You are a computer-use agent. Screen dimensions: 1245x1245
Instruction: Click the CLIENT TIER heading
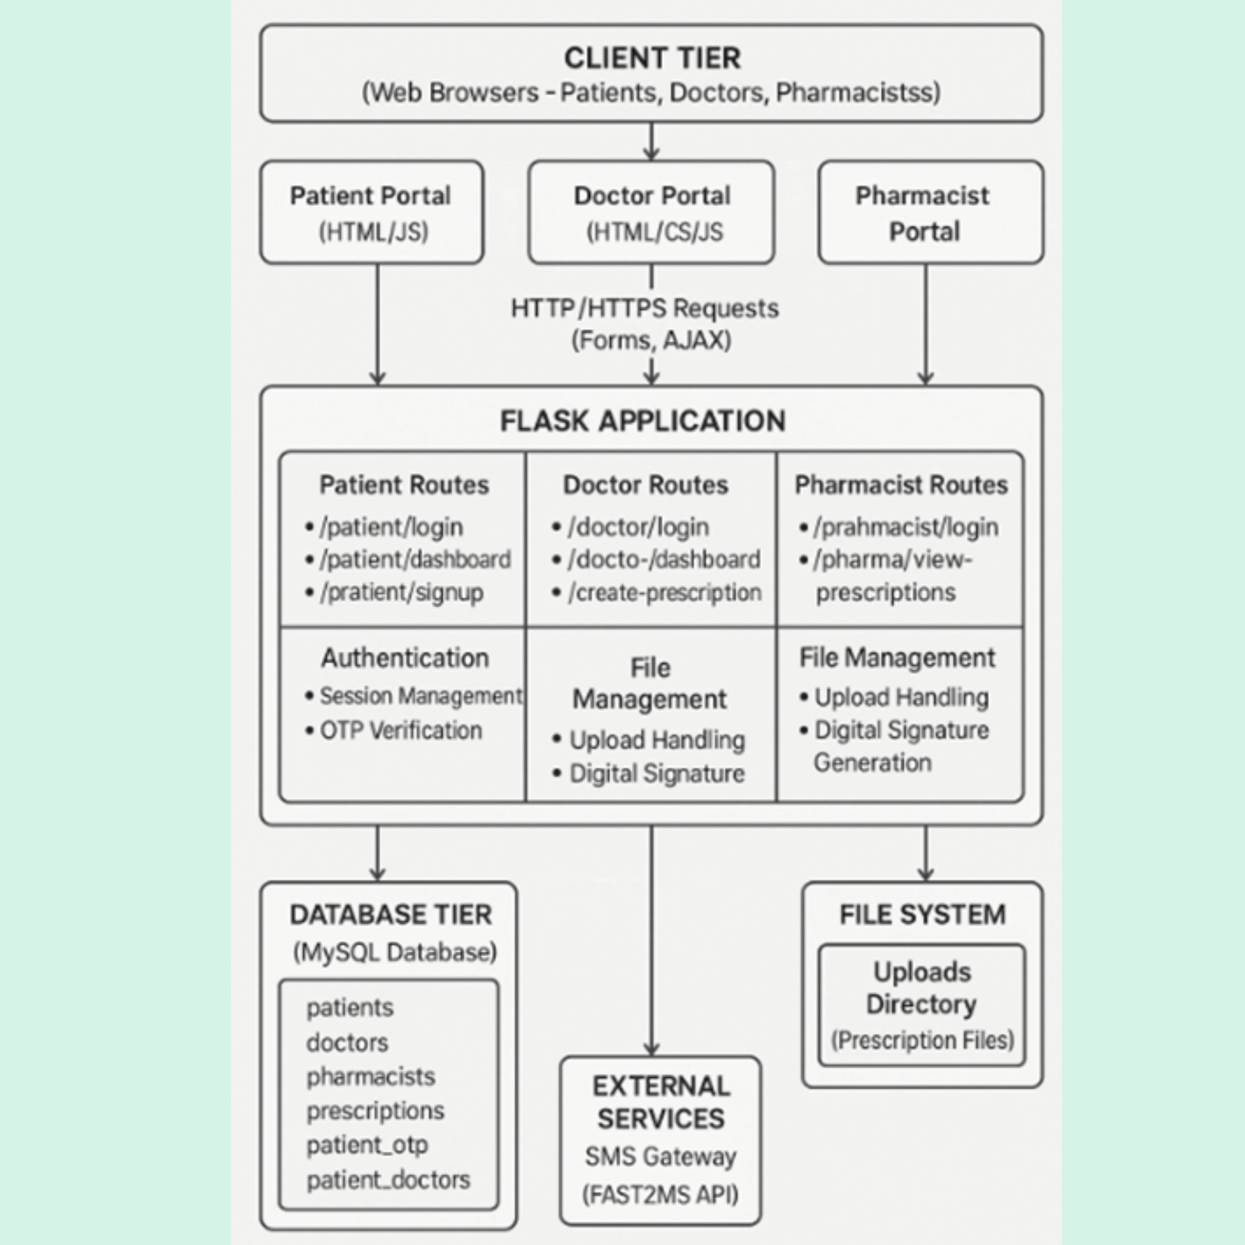[652, 58]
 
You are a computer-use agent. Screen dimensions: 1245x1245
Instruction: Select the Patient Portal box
[371, 212]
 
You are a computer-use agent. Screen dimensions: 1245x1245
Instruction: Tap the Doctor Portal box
[651, 212]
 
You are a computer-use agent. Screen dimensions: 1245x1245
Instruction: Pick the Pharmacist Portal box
[931, 212]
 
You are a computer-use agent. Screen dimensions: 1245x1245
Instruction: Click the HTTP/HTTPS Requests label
[644, 309]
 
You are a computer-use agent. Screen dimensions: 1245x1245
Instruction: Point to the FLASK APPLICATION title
[643, 421]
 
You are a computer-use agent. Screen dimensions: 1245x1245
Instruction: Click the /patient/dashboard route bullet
[415, 559]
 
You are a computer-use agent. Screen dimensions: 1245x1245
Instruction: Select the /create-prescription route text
[665, 592]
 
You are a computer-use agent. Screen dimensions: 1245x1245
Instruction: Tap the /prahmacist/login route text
[906, 527]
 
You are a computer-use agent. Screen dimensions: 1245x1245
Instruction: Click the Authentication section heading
[405, 658]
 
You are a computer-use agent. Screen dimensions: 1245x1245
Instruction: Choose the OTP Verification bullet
[401, 731]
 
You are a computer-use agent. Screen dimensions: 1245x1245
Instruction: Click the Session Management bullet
[420, 696]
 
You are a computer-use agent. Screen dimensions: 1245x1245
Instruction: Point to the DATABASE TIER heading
[391, 914]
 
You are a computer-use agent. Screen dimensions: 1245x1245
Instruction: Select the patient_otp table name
[367, 1145]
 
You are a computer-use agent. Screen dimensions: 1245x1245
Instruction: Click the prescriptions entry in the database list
[375, 1111]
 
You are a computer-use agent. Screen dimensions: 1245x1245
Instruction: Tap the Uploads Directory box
[922, 1005]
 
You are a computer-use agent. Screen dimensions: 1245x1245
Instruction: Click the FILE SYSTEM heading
[922, 914]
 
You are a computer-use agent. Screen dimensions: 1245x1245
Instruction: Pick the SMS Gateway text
[661, 1157]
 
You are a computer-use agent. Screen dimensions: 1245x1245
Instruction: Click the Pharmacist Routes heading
[901, 485]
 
